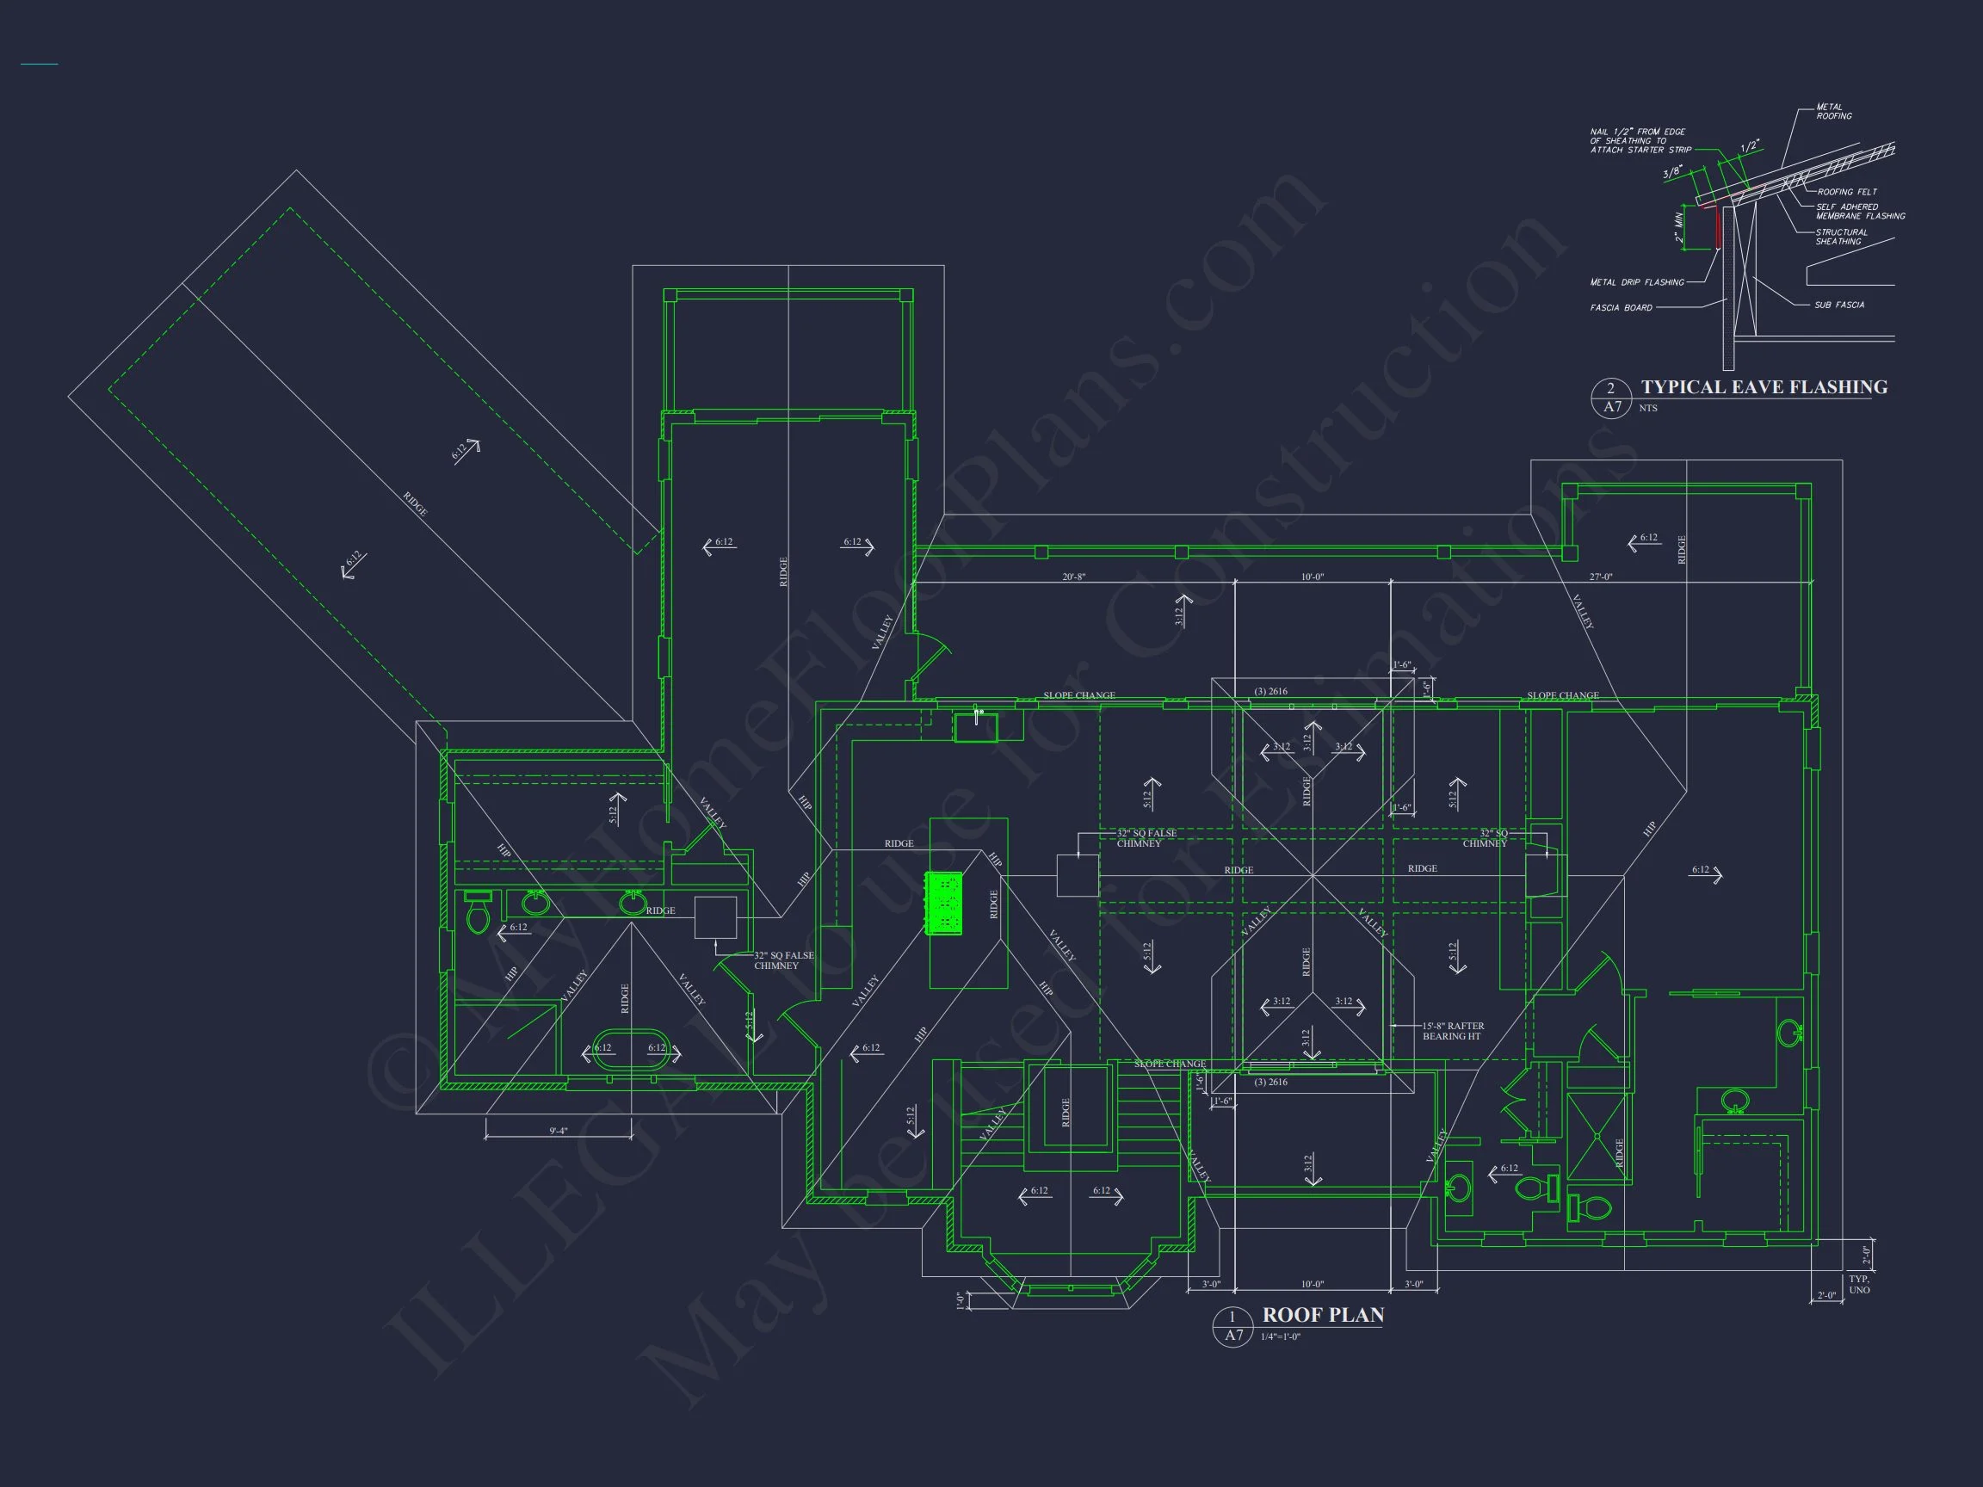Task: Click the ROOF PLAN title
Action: pyautogui.click(x=1322, y=1315)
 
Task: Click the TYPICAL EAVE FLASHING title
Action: pyautogui.click(x=1764, y=387)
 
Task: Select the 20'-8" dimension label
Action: pyautogui.click(x=1073, y=577)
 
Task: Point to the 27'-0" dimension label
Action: pyautogui.click(x=1600, y=577)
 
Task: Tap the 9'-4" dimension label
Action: pyautogui.click(x=559, y=1131)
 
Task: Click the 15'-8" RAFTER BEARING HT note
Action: pyautogui.click(x=1452, y=1032)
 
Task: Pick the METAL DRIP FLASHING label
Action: pyautogui.click(x=1637, y=282)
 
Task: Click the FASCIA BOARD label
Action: pyautogui.click(x=1621, y=308)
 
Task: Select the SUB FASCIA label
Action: pyautogui.click(x=1838, y=305)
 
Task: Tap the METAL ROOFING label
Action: pyautogui.click(x=1833, y=111)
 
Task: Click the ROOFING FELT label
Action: pyautogui.click(x=1847, y=192)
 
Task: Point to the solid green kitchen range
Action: pyautogui.click(x=944, y=903)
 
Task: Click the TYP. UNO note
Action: pyautogui.click(x=1859, y=1285)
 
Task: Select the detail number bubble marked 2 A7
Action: pyautogui.click(x=1611, y=398)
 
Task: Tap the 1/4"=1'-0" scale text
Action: pyautogui.click(x=1280, y=1336)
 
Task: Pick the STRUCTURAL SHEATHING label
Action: pyautogui.click(x=1841, y=237)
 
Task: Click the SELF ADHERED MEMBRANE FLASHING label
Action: pyautogui.click(x=1860, y=212)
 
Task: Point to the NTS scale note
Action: pyautogui.click(x=1647, y=409)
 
